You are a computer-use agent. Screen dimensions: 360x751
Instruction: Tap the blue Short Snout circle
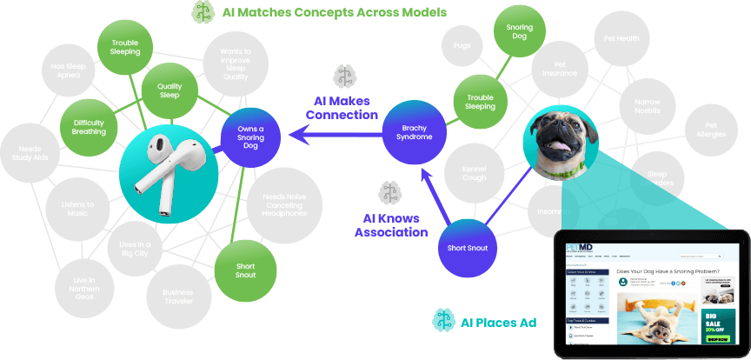click(468, 248)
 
